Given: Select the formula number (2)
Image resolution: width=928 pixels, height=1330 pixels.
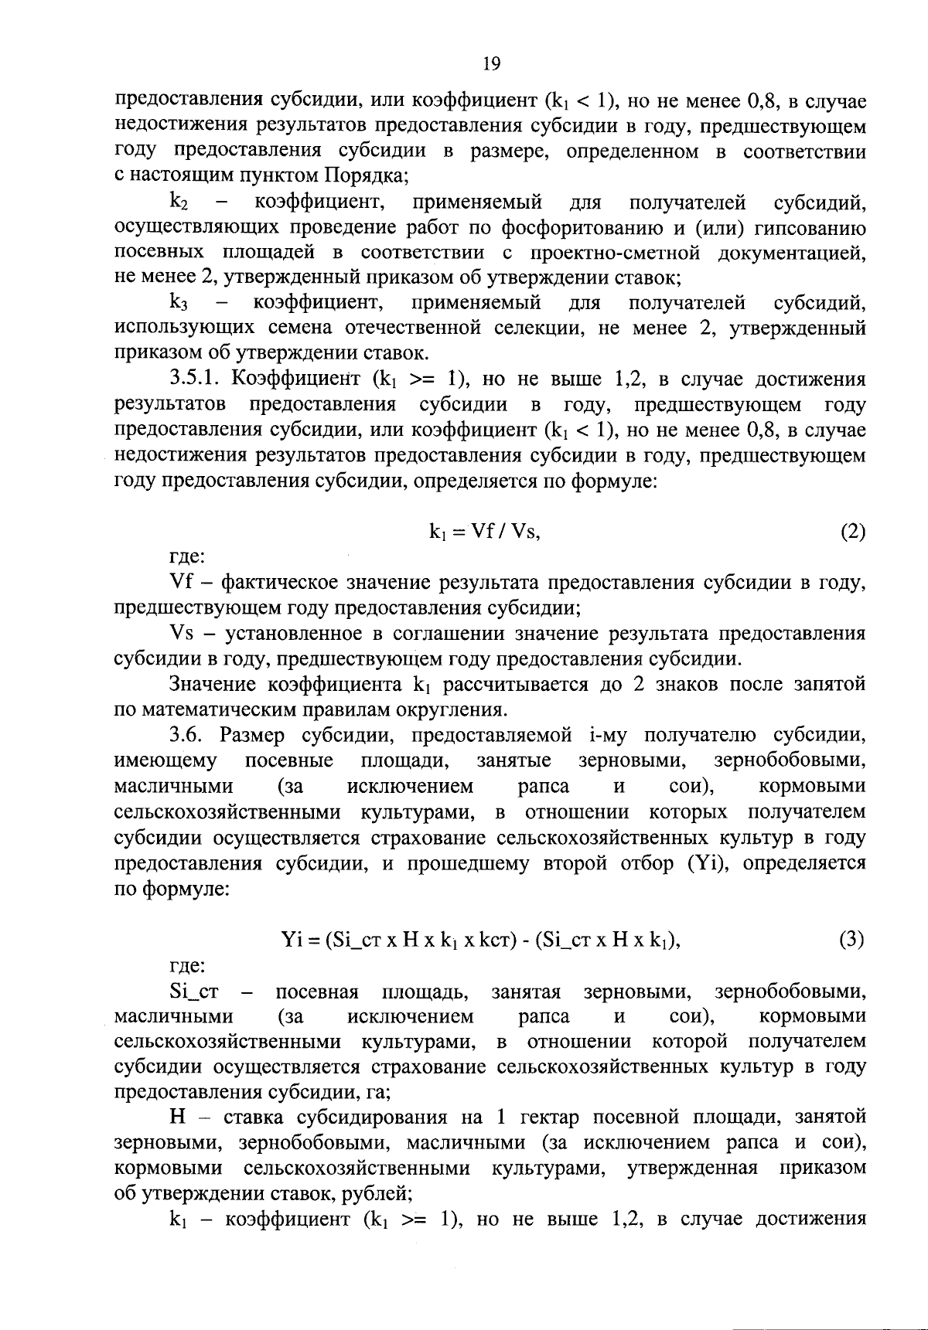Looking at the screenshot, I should click(851, 532).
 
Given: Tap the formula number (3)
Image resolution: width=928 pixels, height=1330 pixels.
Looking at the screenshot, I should click(851, 940).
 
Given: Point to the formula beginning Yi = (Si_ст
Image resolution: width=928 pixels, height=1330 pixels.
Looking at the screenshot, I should click(480, 940).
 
